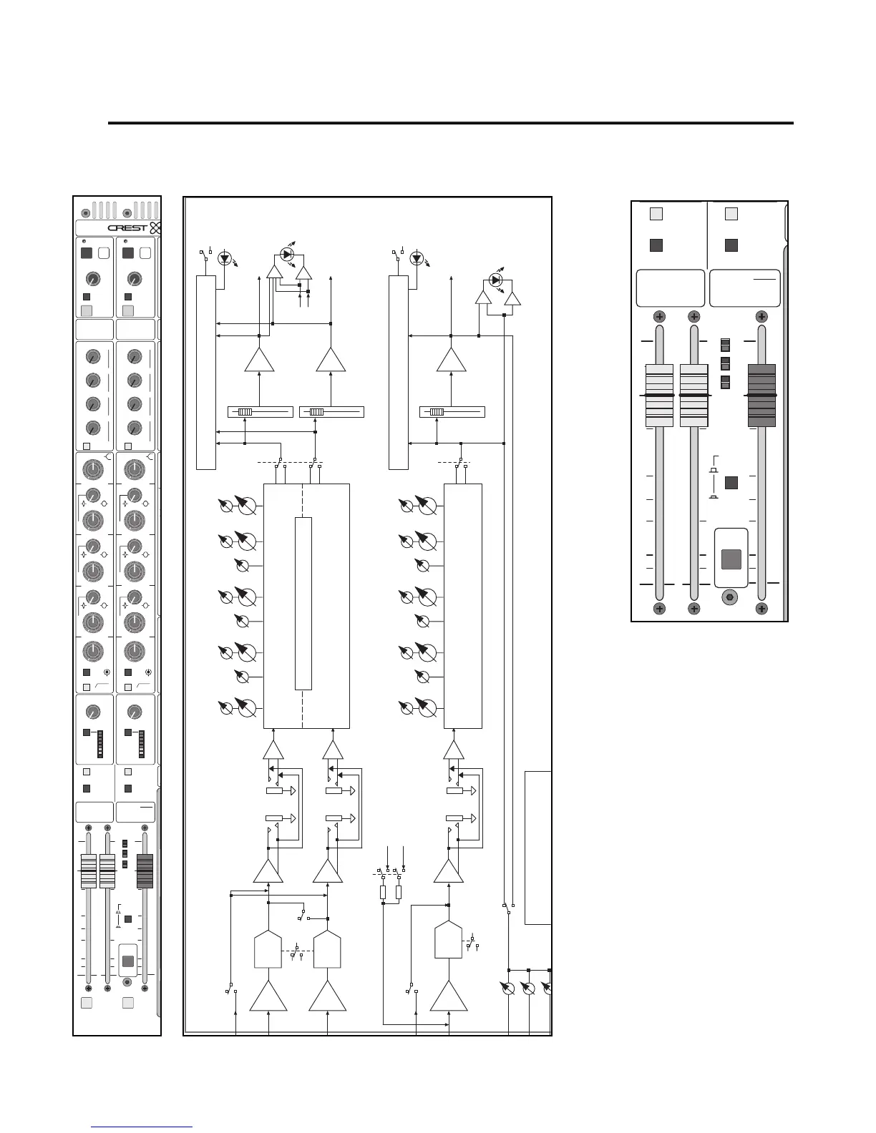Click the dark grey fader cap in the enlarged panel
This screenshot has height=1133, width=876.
[x=761, y=396]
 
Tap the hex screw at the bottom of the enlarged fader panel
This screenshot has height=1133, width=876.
[x=729, y=596]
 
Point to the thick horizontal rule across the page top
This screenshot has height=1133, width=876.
[x=451, y=123]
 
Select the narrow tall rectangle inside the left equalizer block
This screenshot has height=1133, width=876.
[x=303, y=603]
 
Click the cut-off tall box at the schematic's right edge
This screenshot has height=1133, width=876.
[x=538, y=848]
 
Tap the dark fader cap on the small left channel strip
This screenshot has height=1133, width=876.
[x=145, y=871]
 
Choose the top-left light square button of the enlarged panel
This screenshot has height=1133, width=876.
[x=656, y=213]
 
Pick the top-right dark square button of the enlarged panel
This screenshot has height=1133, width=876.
[x=731, y=245]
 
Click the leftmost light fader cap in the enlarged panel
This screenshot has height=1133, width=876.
[x=659, y=396]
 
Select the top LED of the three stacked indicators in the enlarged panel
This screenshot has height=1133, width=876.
[x=725, y=344]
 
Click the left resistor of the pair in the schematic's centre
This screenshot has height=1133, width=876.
[x=383, y=892]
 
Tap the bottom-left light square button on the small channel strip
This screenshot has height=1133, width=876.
[x=87, y=1003]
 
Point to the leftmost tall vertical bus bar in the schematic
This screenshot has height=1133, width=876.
[x=206, y=372]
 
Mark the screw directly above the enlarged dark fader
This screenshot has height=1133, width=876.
[x=761, y=316]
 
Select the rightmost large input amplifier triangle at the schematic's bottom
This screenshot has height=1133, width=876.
[x=449, y=996]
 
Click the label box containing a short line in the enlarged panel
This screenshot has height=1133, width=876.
[x=744, y=288]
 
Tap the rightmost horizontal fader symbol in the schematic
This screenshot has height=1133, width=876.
[x=452, y=412]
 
